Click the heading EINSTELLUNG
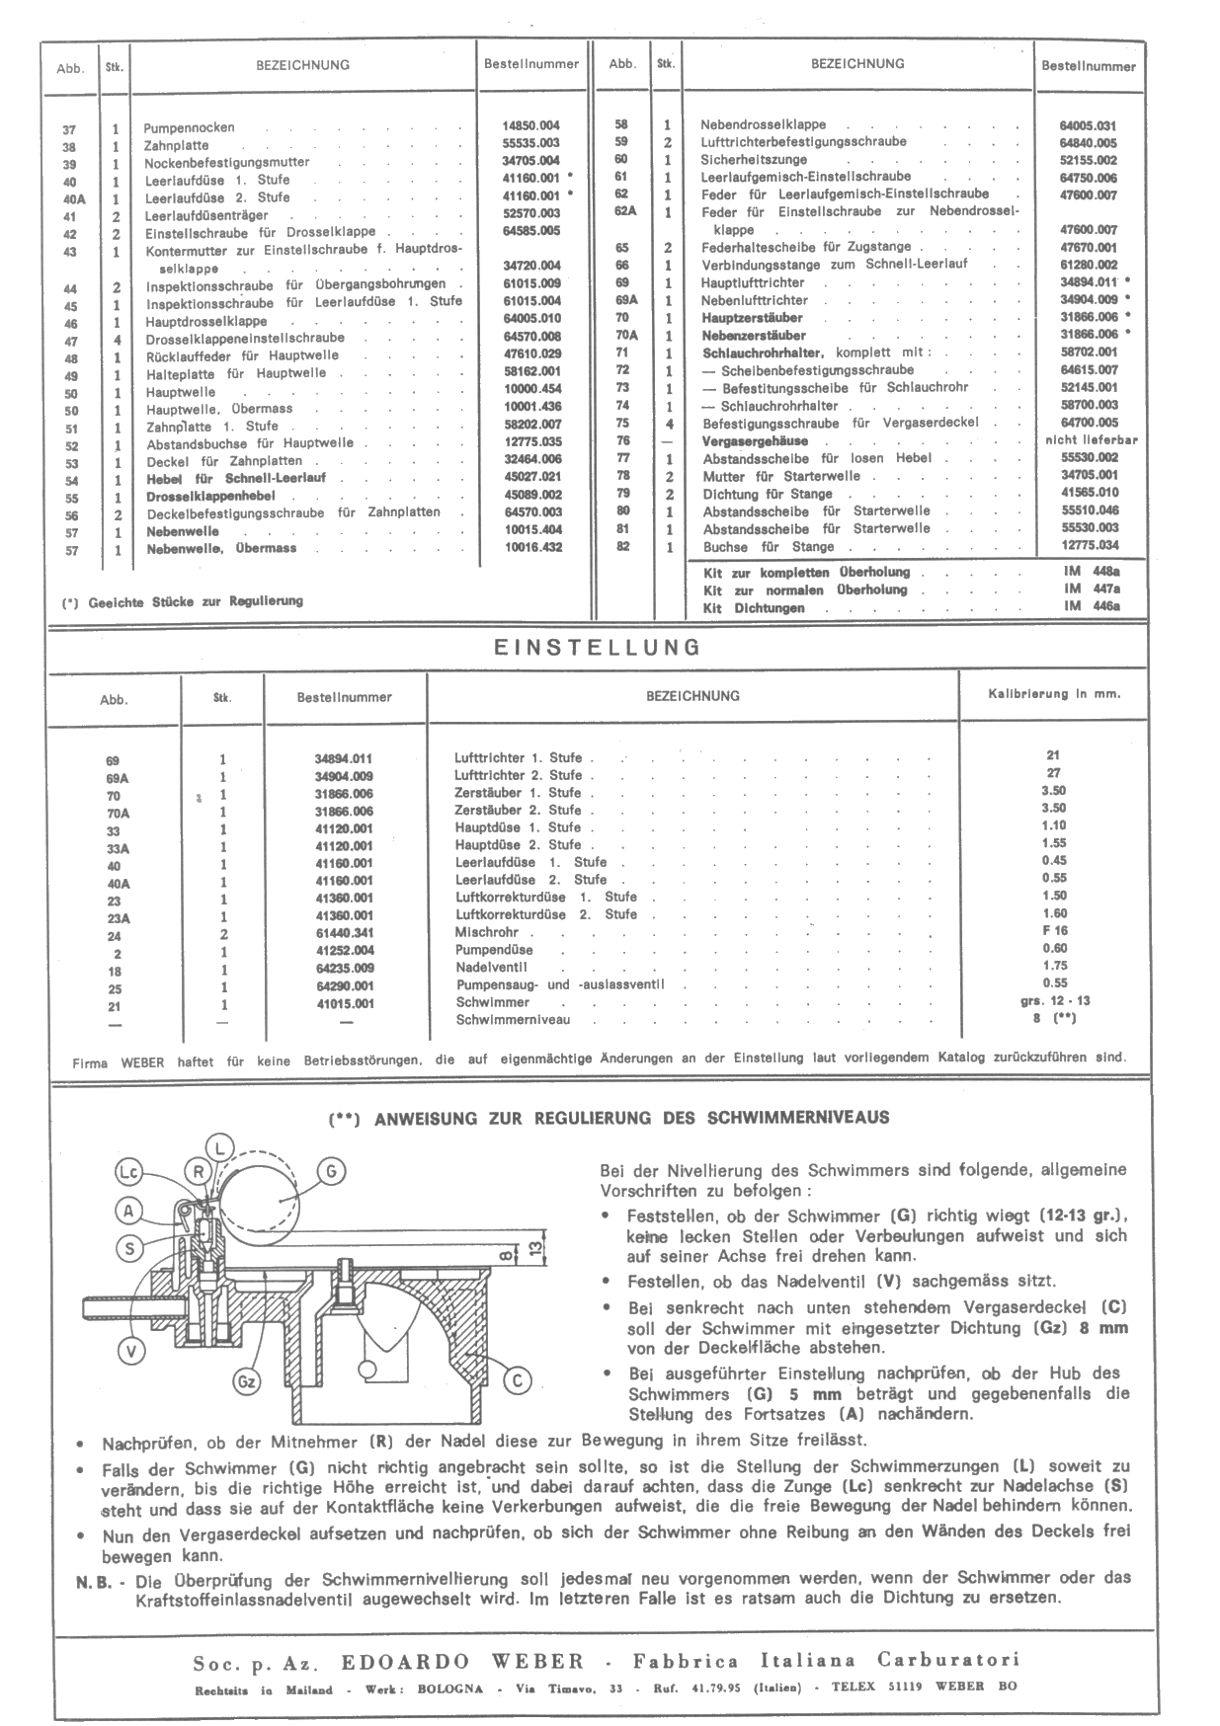tap(597, 648)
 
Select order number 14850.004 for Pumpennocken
tap(530, 126)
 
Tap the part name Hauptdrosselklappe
tap(206, 322)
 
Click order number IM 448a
tap(1092, 572)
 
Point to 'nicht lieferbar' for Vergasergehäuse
tap(1091, 440)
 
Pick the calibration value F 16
tap(1055, 931)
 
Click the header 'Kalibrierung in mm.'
tap(1054, 694)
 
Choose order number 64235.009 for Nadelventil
tap(344, 969)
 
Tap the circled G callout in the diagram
tap(331, 1171)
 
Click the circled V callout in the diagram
tap(131, 1350)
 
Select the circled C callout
tap(516, 1379)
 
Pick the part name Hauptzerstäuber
tap(752, 318)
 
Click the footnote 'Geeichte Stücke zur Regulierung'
tap(195, 600)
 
